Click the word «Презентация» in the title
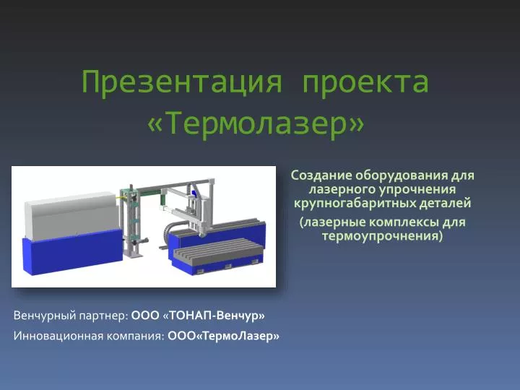tap(182, 82)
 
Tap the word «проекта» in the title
tap(365, 82)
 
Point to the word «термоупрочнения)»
tap(382, 236)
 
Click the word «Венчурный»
tap(45, 316)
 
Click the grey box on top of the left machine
tap(71, 215)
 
